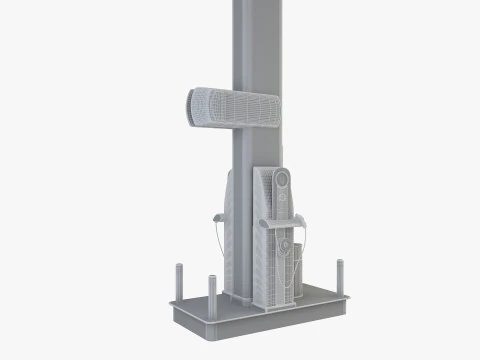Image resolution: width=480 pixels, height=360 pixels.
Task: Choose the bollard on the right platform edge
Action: [x=340, y=276]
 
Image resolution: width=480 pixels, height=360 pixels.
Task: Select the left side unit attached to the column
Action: [x=231, y=230]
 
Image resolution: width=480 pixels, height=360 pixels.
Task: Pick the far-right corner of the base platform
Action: [x=351, y=297]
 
